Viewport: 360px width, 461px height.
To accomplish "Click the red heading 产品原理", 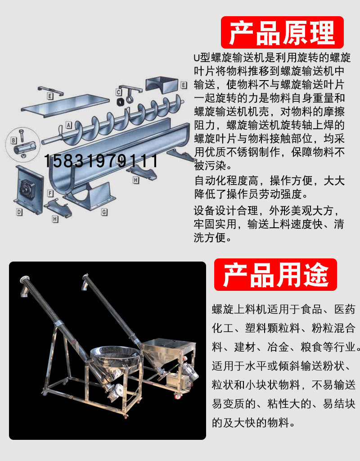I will click(282, 32).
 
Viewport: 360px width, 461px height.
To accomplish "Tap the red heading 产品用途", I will click(275, 274).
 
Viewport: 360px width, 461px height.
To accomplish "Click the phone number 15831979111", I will click(101, 161).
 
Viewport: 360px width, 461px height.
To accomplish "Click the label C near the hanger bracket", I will click(118, 92).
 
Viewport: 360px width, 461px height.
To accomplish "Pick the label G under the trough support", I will click(104, 211).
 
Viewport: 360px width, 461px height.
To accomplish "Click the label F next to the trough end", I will click(51, 194).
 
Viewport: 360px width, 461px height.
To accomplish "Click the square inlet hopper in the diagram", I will click(162, 85).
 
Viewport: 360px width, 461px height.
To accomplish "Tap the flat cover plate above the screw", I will click(66, 103).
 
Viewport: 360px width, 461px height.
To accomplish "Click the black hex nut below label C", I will click(120, 102).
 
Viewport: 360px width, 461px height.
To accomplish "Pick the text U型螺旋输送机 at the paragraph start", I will click(220, 58).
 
